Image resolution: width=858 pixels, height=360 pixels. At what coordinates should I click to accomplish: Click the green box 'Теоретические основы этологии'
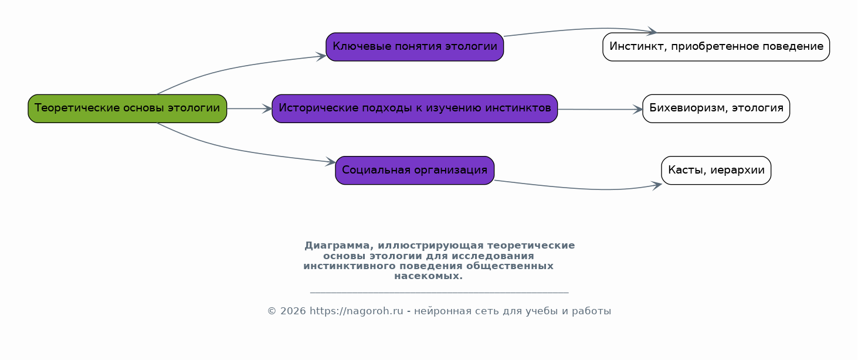pyautogui.click(x=127, y=109)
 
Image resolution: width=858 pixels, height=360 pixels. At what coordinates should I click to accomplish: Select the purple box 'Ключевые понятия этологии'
pyautogui.click(x=415, y=47)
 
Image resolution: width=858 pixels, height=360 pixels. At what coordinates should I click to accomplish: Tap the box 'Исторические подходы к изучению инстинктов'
pyautogui.click(x=415, y=109)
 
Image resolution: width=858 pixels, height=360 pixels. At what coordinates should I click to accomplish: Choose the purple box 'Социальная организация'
pyautogui.click(x=415, y=171)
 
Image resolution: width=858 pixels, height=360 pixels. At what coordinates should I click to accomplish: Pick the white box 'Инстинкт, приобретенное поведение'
pyautogui.click(x=716, y=47)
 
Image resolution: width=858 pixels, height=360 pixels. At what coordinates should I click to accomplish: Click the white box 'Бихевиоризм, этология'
pyautogui.click(x=716, y=109)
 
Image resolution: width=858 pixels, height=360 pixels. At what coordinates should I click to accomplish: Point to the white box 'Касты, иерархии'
pyautogui.click(x=716, y=171)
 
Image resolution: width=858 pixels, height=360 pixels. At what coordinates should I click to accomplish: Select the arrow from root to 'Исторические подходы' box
pyautogui.click(x=249, y=109)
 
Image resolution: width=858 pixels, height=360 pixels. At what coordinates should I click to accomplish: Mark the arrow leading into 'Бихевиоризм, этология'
pyautogui.click(x=600, y=110)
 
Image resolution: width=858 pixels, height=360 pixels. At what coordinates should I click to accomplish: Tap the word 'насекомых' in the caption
pyautogui.click(x=427, y=276)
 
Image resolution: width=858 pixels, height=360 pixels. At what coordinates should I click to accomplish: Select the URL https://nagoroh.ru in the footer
pyautogui.click(x=356, y=311)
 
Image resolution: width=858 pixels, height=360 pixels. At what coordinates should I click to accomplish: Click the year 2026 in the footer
pyautogui.click(x=293, y=311)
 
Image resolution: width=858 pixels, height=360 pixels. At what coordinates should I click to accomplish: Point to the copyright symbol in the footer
pyautogui.click(x=272, y=311)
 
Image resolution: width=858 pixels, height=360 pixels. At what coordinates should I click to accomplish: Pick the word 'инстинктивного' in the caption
pyautogui.click(x=350, y=266)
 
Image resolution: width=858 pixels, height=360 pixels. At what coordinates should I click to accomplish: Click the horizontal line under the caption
pyautogui.click(x=439, y=293)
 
